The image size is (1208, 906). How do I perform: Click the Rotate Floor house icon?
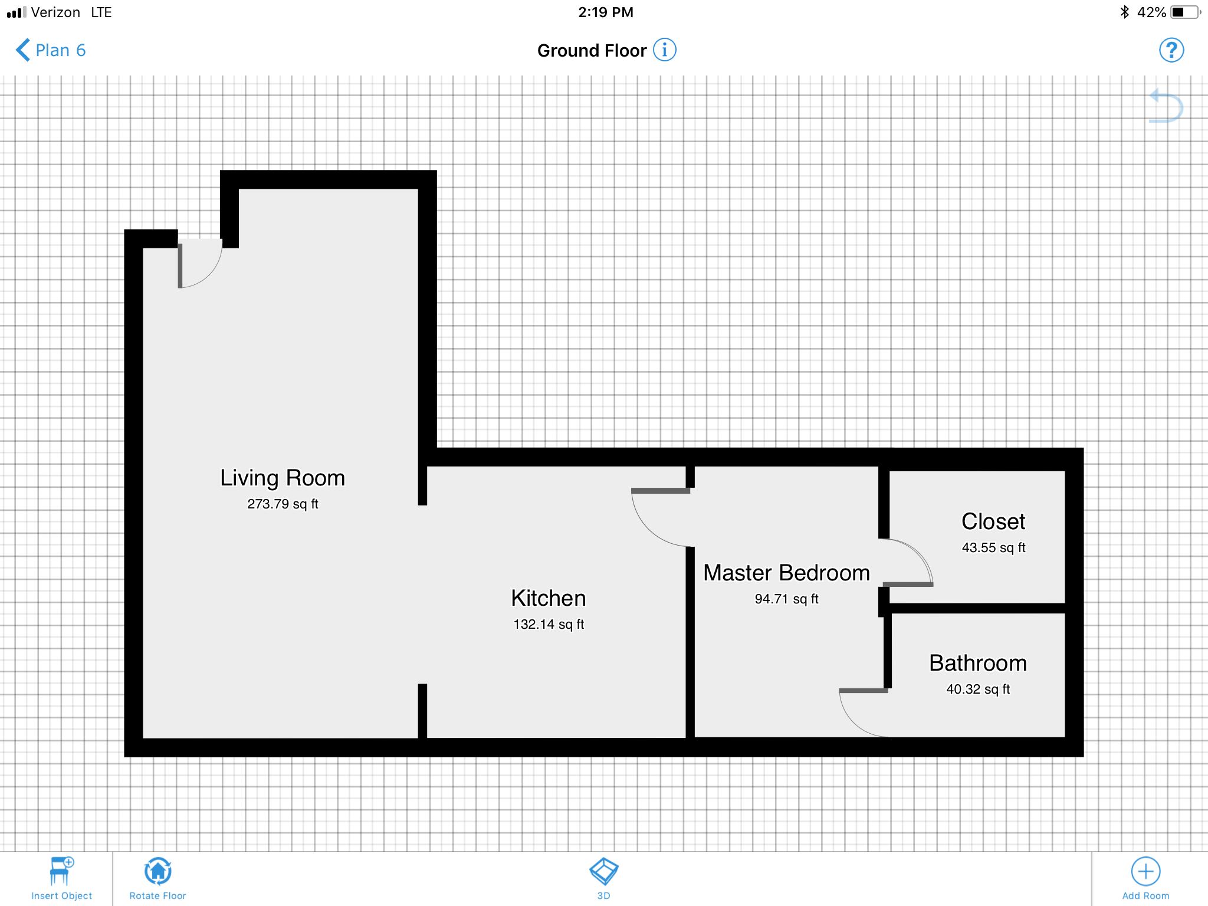[158, 871]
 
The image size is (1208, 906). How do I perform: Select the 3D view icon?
[603, 871]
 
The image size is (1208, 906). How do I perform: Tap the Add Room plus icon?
[1145, 871]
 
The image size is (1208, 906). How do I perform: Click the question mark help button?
[1171, 50]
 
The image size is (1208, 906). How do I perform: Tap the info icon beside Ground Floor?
[665, 50]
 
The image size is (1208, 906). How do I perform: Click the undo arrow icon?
[1166, 106]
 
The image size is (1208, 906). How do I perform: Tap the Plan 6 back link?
[51, 50]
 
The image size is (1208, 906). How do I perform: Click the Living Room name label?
[283, 478]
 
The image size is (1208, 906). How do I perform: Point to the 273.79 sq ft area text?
[283, 504]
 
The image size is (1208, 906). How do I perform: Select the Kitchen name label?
[549, 598]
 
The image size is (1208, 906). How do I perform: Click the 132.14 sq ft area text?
[549, 624]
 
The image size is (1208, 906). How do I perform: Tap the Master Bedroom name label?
[787, 573]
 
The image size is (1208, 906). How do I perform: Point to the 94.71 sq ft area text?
[787, 599]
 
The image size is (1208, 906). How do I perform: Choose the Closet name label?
[993, 521]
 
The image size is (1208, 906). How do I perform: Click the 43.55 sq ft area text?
[993, 547]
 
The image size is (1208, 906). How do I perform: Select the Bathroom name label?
[978, 663]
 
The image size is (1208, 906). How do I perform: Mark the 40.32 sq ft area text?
[978, 689]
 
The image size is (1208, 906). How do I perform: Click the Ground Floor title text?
[592, 51]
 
